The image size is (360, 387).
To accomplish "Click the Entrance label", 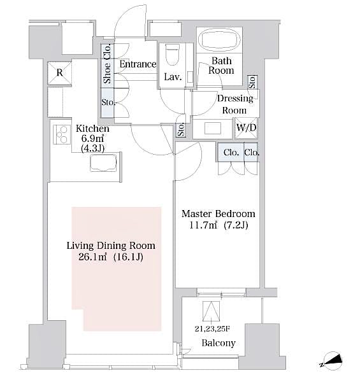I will [x=138, y=64].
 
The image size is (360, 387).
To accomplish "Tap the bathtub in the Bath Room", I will [x=220, y=39].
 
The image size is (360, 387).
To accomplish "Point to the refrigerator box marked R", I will [x=59, y=73].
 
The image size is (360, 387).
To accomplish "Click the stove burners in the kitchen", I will [x=62, y=135].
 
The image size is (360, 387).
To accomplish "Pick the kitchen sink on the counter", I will [x=103, y=163].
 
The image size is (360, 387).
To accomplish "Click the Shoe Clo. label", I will [x=108, y=64].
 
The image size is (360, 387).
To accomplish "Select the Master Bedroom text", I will [x=218, y=214].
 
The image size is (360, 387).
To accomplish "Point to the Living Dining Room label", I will [x=111, y=245].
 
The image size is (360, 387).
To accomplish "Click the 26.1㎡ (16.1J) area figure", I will [x=111, y=257].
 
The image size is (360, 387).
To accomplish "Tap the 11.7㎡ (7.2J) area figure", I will [x=218, y=226].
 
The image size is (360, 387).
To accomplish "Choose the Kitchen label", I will [x=88, y=128].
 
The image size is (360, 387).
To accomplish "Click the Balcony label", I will [x=218, y=343].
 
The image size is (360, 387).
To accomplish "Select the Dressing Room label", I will [x=235, y=104].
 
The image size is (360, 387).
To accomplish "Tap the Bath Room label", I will [x=221, y=66].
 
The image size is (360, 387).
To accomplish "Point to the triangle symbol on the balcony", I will [x=210, y=311].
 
